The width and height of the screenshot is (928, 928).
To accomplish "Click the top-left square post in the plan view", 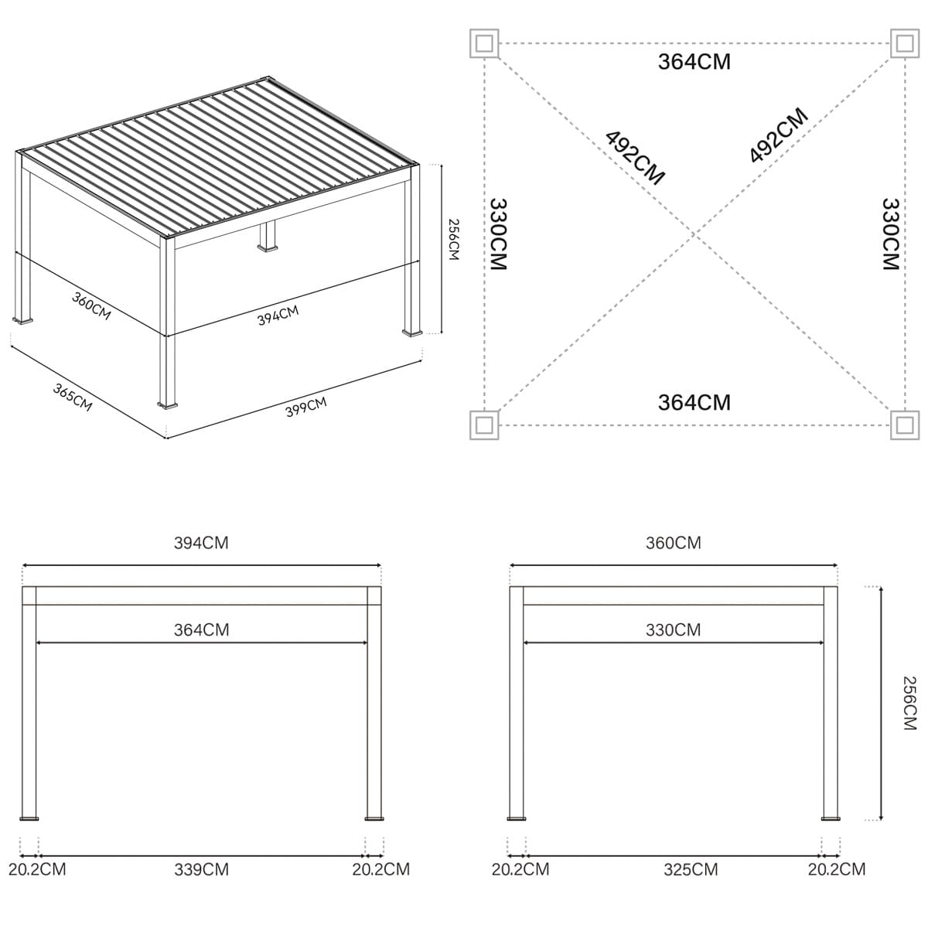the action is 484,44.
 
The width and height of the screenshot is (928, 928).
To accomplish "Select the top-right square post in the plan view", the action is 905,44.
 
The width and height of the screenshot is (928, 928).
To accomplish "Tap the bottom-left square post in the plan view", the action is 484,425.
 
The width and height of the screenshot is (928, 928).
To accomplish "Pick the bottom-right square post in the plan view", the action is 905,425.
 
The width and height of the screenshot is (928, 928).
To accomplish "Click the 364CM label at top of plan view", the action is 694,62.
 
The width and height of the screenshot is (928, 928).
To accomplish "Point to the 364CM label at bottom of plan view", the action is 694,403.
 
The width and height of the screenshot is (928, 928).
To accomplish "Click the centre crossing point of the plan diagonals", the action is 694,234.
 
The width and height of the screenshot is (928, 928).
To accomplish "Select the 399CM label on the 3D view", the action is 306,407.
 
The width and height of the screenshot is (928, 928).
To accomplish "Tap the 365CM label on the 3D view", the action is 72,397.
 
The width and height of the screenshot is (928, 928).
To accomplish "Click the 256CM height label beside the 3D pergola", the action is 454,239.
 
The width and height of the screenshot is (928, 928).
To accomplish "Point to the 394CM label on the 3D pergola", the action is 278,316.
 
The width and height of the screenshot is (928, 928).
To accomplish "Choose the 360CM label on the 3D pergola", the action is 91,305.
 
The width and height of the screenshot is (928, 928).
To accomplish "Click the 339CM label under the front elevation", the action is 201,870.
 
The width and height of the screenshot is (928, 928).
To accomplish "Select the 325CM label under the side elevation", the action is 691,870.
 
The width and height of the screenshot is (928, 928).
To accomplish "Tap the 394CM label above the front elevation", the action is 201,543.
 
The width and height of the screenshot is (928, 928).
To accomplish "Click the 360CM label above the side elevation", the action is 674,543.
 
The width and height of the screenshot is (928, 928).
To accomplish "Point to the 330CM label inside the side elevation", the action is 674,630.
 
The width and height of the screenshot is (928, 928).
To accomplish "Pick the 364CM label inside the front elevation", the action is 201,630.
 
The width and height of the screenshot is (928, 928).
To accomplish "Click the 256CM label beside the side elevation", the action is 909,703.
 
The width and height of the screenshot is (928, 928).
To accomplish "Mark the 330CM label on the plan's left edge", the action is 499,234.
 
